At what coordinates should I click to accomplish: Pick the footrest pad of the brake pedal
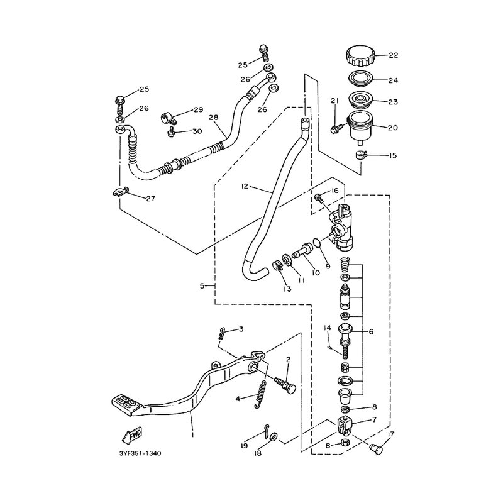[x=126, y=406]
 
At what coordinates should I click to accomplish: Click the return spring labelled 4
[x=261, y=394]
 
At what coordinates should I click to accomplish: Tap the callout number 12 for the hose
[x=245, y=186]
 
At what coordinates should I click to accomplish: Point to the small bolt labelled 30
[x=171, y=131]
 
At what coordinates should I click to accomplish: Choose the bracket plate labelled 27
[x=120, y=192]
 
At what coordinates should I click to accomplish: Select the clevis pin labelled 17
[x=375, y=448]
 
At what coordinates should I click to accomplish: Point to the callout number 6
[x=371, y=332]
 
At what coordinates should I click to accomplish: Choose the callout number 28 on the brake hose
[x=213, y=118]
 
